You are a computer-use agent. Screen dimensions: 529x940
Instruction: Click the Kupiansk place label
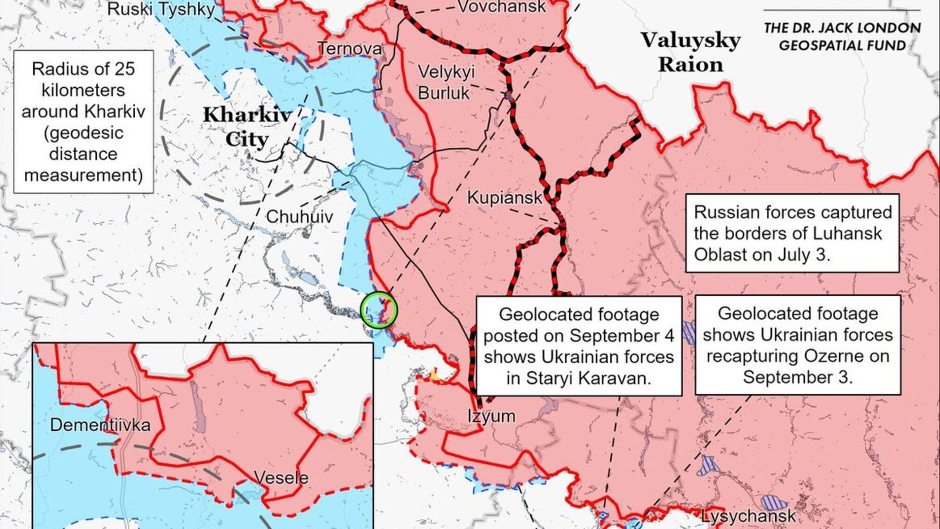point(504,198)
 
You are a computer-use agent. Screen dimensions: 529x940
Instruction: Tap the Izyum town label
point(491,416)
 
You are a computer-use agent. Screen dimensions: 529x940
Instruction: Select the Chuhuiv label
point(299,217)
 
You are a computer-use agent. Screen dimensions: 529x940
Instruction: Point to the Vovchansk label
point(501,7)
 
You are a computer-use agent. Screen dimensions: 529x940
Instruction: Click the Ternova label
point(350,48)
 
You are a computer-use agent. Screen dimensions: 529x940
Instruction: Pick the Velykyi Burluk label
point(445,82)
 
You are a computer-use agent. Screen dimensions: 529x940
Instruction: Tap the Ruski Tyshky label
point(161,9)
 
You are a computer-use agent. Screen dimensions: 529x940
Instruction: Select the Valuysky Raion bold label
point(690,52)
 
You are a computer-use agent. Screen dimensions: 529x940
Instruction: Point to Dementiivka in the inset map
point(100,425)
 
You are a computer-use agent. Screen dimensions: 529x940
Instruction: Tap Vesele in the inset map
point(281,478)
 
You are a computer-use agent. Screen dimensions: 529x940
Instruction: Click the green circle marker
point(379,309)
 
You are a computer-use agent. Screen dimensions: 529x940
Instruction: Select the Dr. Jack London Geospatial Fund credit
point(842,37)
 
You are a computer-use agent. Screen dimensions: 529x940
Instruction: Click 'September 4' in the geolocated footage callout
point(622,336)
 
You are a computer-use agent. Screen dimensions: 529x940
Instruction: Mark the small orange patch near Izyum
point(435,375)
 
